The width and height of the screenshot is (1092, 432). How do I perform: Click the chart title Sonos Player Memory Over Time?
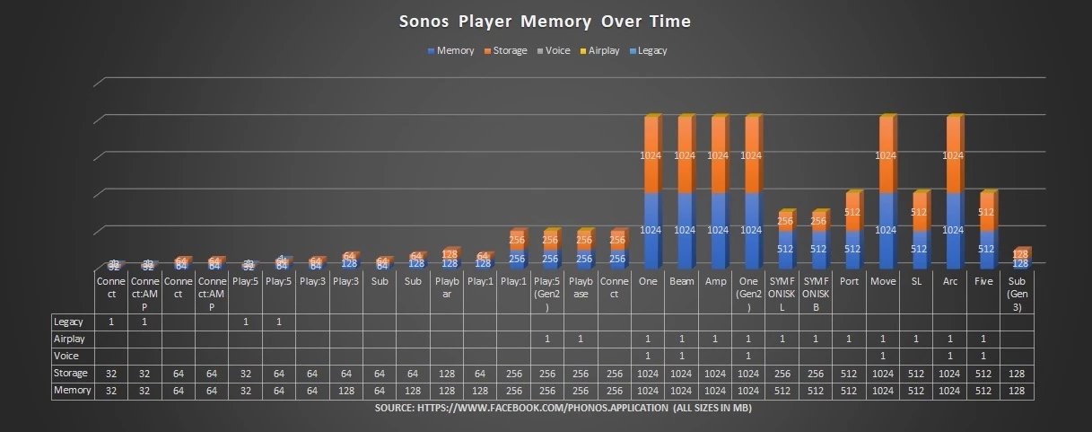click(x=545, y=21)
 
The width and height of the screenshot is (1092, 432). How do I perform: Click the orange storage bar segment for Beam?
click(x=685, y=154)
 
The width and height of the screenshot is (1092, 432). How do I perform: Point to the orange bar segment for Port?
click(x=852, y=213)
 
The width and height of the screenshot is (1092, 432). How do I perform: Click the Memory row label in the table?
click(x=72, y=391)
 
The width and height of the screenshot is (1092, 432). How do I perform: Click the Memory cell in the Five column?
click(x=983, y=391)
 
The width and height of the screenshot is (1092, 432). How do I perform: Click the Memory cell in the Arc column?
click(x=950, y=391)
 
